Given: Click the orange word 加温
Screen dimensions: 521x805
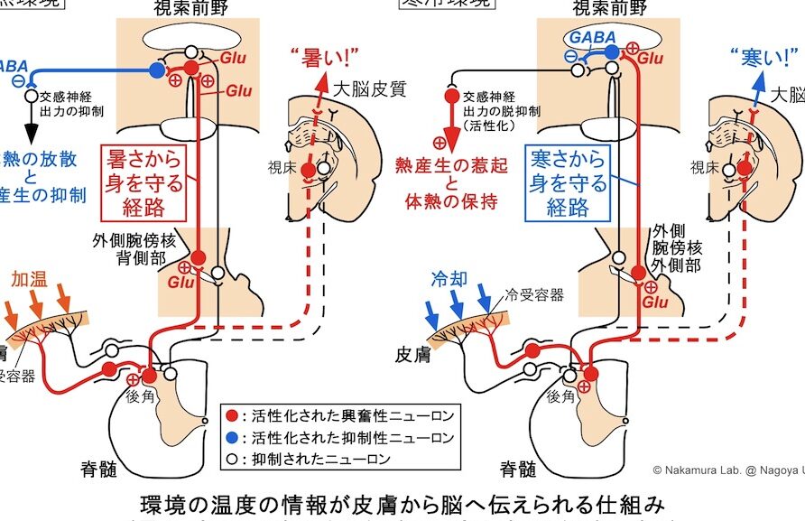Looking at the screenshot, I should [x=29, y=279].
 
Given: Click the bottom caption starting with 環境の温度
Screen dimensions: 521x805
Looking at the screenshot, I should [x=402, y=502].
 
